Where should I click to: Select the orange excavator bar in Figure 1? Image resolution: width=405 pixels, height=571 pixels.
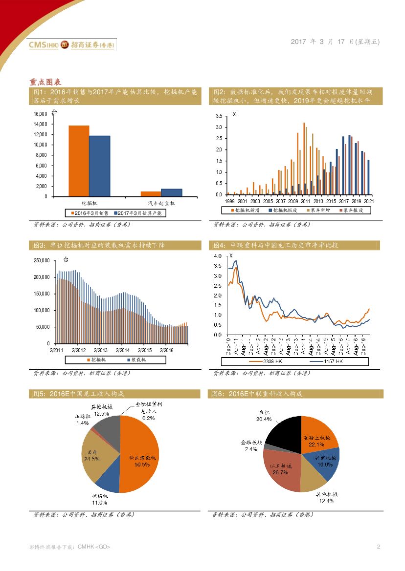[79, 161]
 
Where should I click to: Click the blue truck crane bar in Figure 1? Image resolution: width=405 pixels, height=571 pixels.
[171, 192]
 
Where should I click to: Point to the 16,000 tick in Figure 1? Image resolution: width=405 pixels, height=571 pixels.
[40, 114]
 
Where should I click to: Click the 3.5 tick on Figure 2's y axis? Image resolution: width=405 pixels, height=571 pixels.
[219, 116]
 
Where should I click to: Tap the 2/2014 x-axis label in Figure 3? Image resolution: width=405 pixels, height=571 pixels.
[123, 350]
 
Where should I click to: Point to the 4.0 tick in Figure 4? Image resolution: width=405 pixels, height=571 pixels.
[218, 256]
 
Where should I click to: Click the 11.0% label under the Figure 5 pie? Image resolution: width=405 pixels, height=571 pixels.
[99, 503]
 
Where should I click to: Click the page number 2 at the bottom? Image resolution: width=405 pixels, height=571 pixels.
[378, 547]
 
